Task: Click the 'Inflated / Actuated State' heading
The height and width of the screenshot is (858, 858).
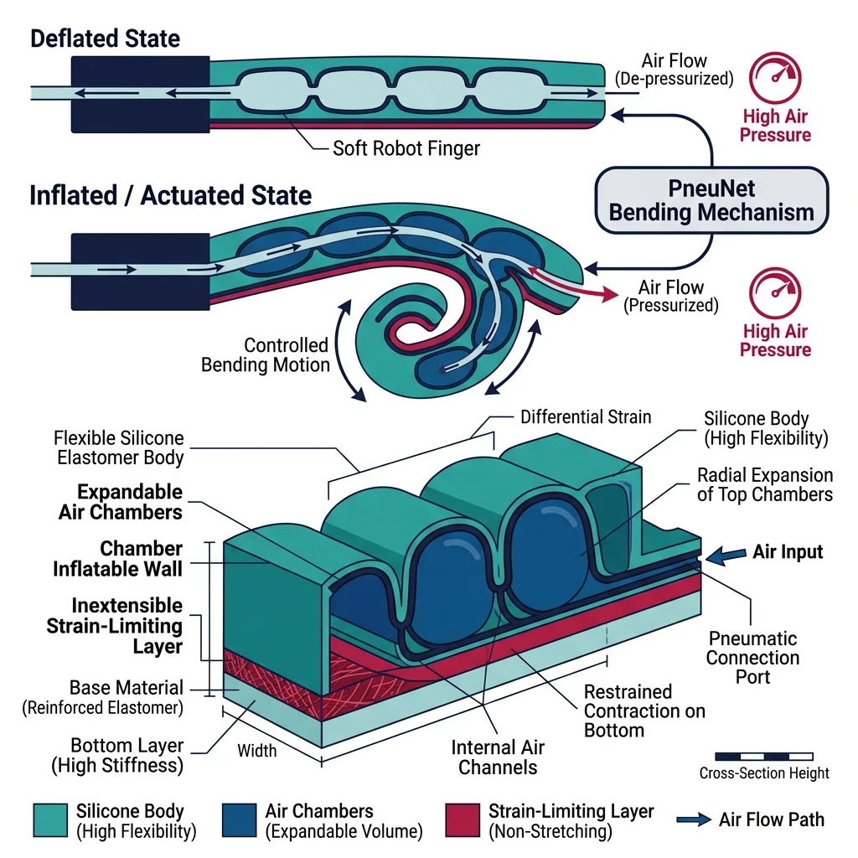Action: coord(170,195)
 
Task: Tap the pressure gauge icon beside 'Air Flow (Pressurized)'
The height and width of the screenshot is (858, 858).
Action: coord(776,294)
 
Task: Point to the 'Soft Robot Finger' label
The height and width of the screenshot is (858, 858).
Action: coord(406,148)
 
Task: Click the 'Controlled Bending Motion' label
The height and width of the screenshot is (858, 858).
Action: coord(266,355)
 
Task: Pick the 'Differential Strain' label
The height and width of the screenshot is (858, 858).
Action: coord(585,416)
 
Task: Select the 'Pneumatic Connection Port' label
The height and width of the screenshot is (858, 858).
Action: coord(752,657)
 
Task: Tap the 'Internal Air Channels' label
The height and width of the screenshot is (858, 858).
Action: coord(498,757)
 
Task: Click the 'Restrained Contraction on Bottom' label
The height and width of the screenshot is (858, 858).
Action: coord(643,711)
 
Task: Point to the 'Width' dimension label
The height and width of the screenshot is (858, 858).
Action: coord(256,750)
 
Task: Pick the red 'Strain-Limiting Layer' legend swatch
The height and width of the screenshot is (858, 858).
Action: coord(461,820)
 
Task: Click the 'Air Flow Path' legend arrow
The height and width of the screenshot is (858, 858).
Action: coord(690,819)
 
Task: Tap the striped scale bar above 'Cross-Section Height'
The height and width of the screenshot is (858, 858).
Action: coord(763,756)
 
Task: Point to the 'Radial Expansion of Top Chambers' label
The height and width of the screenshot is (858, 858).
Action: coord(764,484)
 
